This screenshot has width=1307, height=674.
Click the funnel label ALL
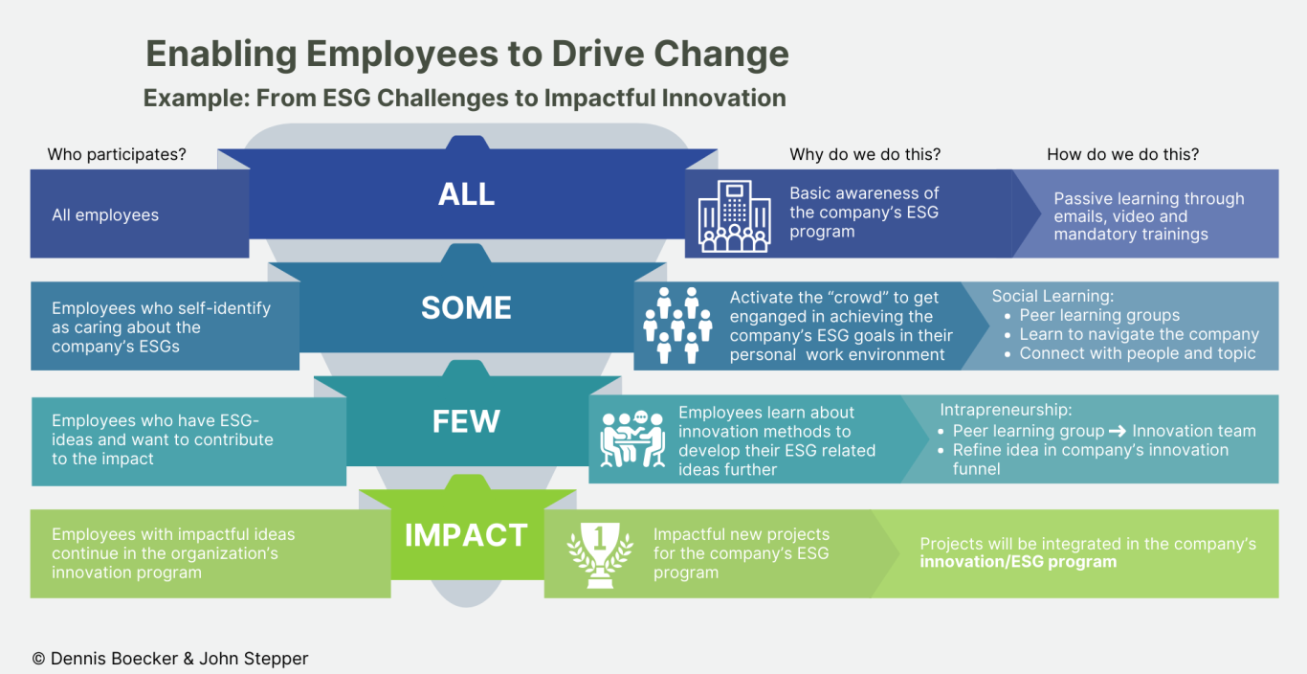pos(466,194)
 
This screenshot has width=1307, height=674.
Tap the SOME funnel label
pos(466,307)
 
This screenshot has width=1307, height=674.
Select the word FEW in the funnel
pos(466,421)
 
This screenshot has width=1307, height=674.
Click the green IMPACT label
pos(466,535)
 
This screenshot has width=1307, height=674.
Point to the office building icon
pos(734,216)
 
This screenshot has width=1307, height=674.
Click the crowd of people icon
pos(677,325)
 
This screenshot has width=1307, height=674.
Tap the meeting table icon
pos(633,438)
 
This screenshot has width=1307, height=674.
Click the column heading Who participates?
pos(117,154)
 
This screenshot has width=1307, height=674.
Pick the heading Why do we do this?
pos(865,154)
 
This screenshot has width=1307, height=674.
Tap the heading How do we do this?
pos(1122,154)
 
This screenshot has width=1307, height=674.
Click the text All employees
pos(105,214)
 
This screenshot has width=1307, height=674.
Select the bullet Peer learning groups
pos(1099,315)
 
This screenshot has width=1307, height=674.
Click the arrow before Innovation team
pos(1118,432)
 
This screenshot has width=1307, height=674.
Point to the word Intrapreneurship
pos(1006,410)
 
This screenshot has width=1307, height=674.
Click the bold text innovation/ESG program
pos(1018,562)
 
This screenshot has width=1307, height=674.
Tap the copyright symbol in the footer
pos(38,659)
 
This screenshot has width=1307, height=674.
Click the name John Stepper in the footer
pos(254,659)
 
